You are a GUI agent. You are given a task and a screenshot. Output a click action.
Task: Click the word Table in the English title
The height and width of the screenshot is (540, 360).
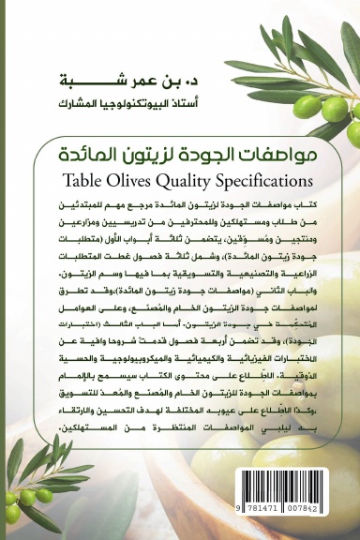[83, 173]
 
